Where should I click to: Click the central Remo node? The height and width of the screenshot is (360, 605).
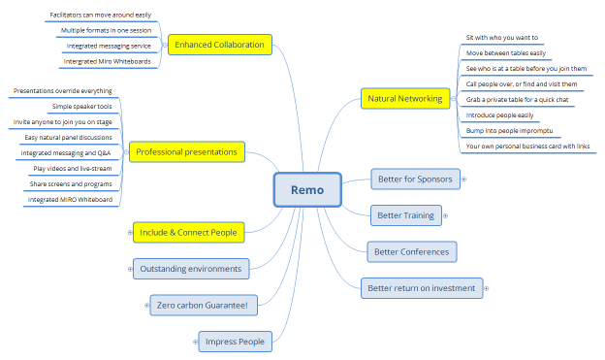click(307, 190)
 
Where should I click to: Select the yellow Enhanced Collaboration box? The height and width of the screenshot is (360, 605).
click(219, 45)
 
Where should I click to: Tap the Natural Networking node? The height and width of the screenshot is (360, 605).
click(405, 98)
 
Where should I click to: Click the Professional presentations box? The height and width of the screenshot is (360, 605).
click(187, 151)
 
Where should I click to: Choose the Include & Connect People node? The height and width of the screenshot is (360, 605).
click(188, 232)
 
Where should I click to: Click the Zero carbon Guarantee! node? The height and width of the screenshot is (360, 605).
click(203, 306)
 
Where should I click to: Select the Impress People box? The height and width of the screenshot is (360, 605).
click(234, 341)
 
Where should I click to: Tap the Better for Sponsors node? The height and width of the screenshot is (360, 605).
click(414, 178)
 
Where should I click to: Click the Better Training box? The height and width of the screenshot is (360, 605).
click(405, 214)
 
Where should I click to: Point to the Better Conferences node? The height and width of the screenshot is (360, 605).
click(411, 251)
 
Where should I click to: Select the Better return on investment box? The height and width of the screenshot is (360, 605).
click(420, 287)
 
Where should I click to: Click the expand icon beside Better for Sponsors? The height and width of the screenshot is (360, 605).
click(462, 178)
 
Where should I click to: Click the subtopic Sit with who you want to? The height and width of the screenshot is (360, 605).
click(502, 37)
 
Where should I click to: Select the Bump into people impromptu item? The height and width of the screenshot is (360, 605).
click(501, 130)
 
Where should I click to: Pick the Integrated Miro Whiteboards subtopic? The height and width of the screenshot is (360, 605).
click(106, 61)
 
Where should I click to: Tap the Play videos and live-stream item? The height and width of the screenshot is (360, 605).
click(74, 168)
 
